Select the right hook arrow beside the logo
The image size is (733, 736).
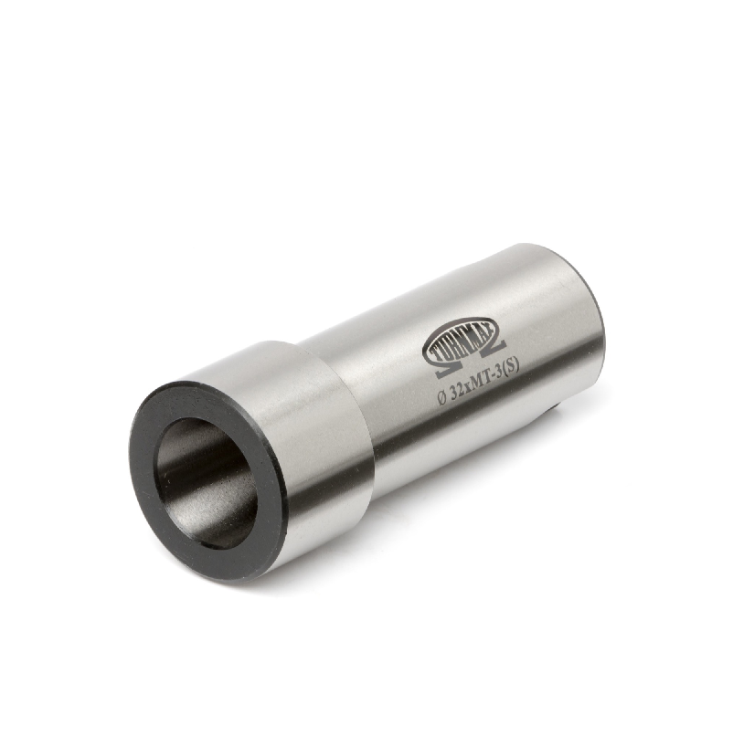point(499,350)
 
